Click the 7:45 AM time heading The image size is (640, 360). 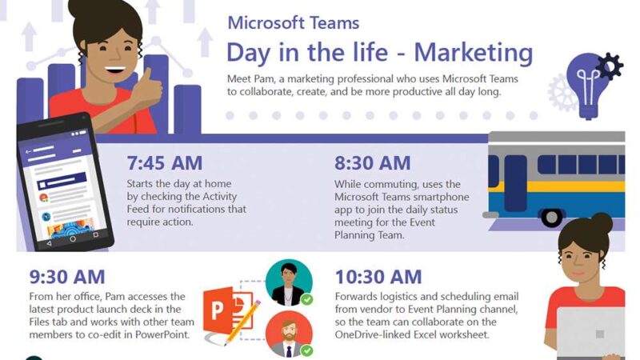pos(165,163)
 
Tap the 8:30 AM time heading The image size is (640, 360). pos(372,163)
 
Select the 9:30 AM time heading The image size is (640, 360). pos(67,277)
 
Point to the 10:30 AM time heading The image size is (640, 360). pos(378,277)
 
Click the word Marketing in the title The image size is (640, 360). pos(474,53)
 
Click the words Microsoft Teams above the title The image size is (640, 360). pos(294,23)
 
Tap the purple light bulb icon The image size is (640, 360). pos(588,86)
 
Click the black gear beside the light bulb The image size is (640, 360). pos(609,66)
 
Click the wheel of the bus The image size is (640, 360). pos(551,217)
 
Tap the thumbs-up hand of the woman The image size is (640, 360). pos(148,89)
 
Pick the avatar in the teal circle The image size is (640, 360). pos(289,282)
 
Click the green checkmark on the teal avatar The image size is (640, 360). pos(307,299)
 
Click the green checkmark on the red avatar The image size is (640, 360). pos(307,350)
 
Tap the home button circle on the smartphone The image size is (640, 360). pos(72,239)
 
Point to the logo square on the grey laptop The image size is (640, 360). pos(599,334)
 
